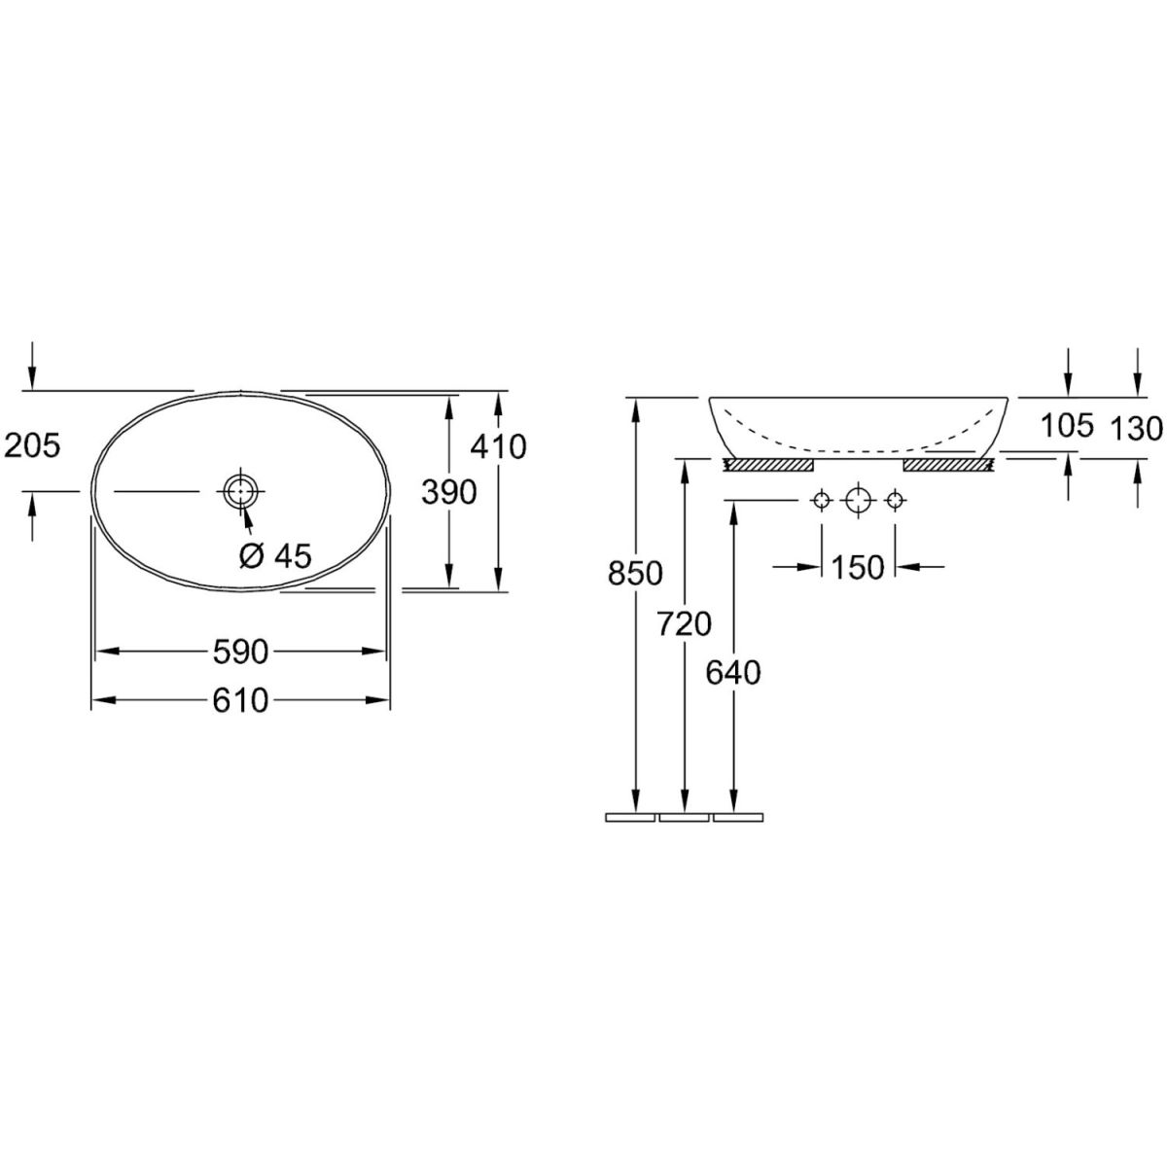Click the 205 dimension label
coord(32,447)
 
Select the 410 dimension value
coord(499,447)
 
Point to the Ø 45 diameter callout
coord(274,554)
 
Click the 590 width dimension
coord(240,652)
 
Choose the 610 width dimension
coord(240,700)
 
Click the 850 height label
coord(635,574)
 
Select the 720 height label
coord(685,624)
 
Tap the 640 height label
coord(733,673)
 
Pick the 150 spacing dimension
coord(858,567)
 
